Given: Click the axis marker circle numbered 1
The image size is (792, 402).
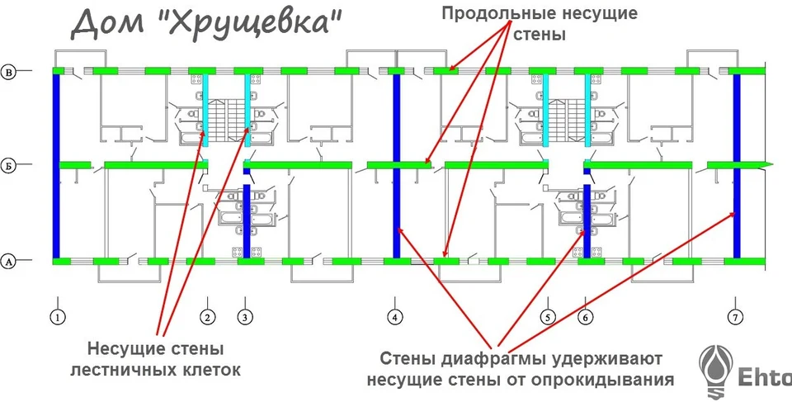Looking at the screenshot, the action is [58, 318].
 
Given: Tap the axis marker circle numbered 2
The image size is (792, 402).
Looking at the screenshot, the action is [207, 318].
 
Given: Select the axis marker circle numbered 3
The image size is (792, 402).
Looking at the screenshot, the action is [245, 318].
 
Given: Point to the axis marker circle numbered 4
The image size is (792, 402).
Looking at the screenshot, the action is [395, 318].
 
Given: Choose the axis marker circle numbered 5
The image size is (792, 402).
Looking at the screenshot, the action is [548, 318].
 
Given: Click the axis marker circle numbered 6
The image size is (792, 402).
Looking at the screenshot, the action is [585, 318].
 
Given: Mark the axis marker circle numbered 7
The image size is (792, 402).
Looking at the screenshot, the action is [735, 318].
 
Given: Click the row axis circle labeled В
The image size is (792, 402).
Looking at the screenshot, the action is [8, 72].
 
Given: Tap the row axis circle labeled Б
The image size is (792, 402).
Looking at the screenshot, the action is [8, 165].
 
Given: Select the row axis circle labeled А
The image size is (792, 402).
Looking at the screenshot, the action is [8, 262].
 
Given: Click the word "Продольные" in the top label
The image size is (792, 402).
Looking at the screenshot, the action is [494, 14].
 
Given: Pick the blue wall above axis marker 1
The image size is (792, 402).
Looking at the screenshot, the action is [56, 167].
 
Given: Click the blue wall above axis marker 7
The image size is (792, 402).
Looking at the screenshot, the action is [737, 167].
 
